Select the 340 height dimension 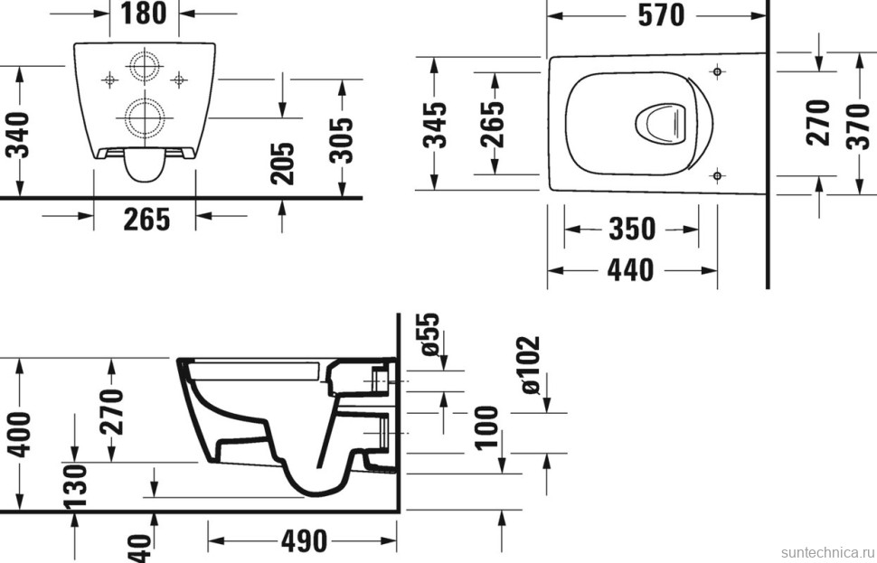point(18,134)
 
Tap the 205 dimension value point(283,164)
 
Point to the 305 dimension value point(341,139)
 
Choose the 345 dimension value point(435,125)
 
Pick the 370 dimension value point(857,123)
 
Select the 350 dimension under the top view point(631,230)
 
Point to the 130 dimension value point(75,486)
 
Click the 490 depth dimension point(303,542)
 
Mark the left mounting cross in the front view point(108,80)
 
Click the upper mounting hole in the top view point(716,70)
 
